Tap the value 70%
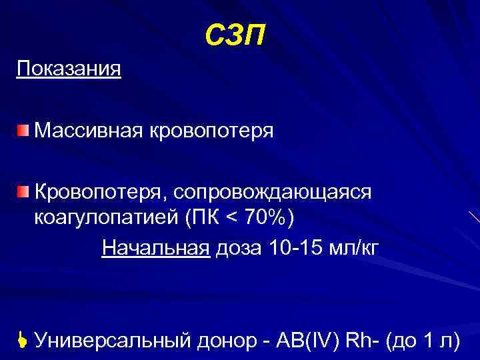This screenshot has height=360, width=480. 267,218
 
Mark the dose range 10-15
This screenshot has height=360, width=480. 299,248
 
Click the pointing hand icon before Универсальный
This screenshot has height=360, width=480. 22,341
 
